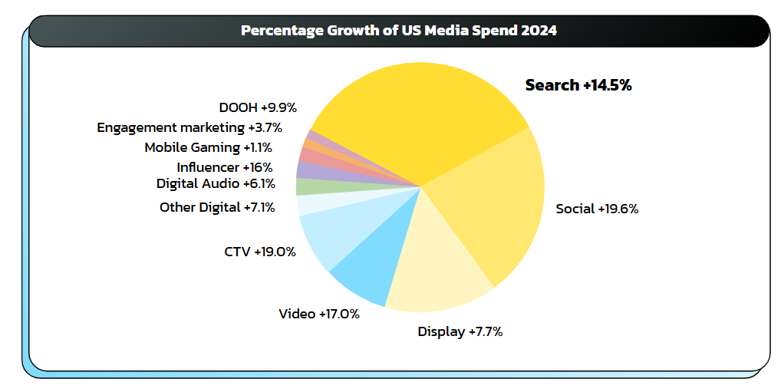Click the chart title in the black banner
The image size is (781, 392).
point(398,31)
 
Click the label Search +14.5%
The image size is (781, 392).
point(578,85)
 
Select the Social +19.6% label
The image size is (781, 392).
point(597,208)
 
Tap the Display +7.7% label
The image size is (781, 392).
point(460,331)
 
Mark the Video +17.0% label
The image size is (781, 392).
point(319,313)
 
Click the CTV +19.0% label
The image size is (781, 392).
point(260,251)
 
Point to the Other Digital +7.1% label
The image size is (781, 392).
point(217,207)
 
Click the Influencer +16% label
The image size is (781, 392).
point(224,166)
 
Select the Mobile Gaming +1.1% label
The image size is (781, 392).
point(208,147)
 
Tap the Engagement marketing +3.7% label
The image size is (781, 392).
point(189,127)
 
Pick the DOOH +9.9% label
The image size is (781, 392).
point(257,107)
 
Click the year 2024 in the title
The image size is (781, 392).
point(539,31)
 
